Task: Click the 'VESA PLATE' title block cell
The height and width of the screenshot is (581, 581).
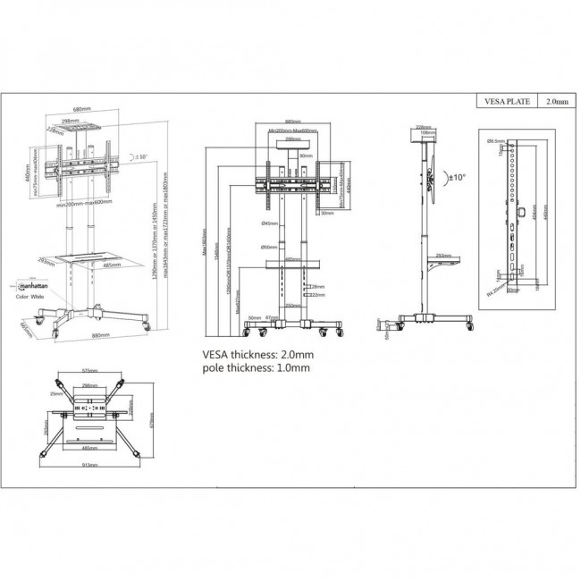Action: pos(505,102)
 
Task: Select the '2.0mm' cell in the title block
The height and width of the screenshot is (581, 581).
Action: pos(554,102)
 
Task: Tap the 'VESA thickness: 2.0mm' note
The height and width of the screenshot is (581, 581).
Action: pos(257,354)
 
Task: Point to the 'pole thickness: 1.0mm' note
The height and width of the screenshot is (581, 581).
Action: pos(257,367)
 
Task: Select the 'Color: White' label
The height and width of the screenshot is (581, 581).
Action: pos(31,296)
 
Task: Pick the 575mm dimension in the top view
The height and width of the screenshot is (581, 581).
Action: pos(89,370)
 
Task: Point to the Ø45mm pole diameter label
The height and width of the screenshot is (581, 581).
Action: pos(266,223)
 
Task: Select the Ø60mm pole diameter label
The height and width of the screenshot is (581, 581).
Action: pos(266,247)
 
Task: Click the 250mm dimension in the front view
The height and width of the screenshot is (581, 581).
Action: pos(290,305)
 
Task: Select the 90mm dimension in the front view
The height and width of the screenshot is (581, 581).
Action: pos(307,156)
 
